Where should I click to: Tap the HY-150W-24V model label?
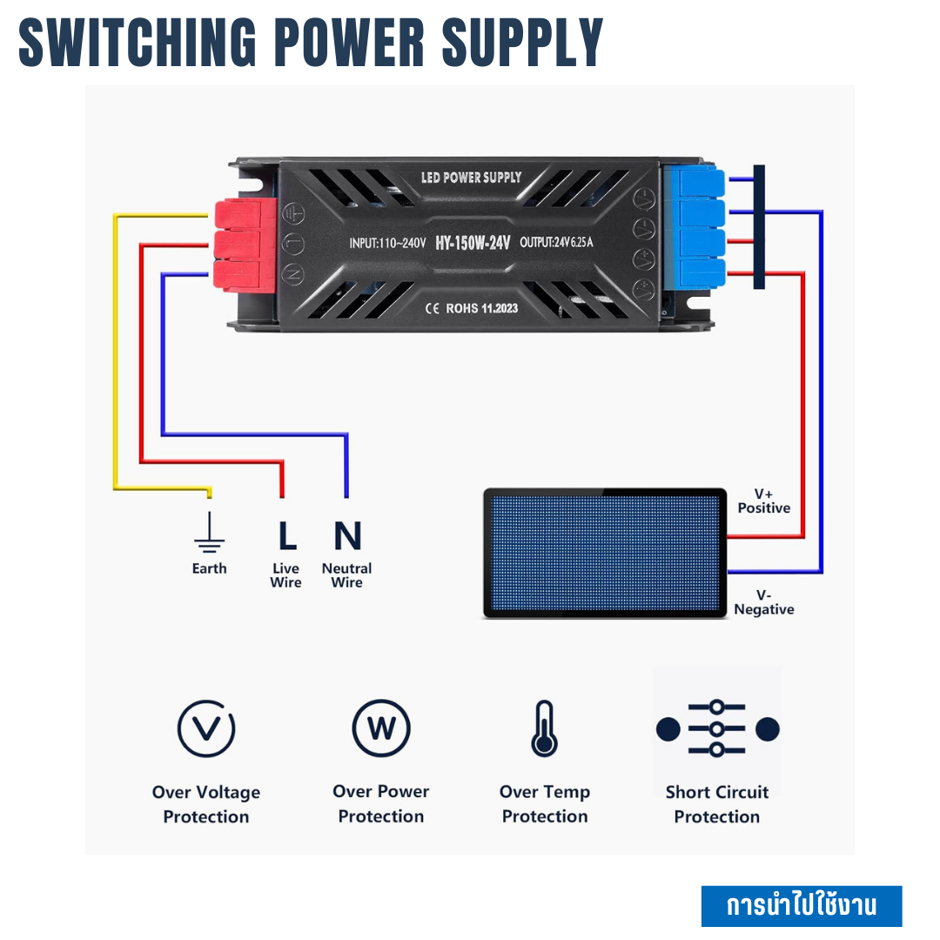tap(473, 243)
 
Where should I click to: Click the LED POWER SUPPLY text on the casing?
tap(471, 178)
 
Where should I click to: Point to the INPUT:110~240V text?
tap(387, 243)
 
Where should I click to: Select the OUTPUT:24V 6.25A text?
tap(556, 243)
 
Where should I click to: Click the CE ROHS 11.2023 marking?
tap(471, 308)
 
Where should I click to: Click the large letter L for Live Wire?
tap(286, 536)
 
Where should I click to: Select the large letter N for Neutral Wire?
tap(347, 536)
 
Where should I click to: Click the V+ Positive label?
tap(763, 501)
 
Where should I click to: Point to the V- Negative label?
tap(763, 602)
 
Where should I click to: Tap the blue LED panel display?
tap(605, 554)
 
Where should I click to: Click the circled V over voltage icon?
tap(206, 728)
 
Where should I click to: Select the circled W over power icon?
tap(381, 728)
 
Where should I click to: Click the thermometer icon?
tap(544, 728)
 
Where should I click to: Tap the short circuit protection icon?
tap(717, 729)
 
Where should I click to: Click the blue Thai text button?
tap(801, 906)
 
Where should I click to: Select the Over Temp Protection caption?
tap(545, 804)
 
